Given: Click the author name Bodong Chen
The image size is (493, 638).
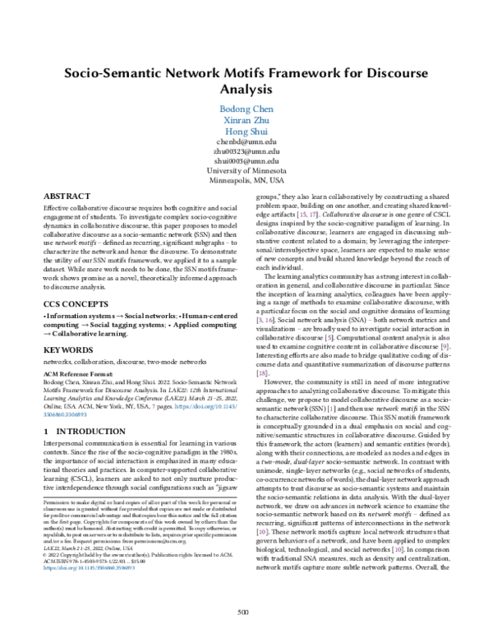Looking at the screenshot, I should (x=246, y=109).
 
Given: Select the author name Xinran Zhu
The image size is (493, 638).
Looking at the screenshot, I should (x=246, y=121).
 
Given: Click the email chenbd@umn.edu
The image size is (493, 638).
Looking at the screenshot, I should (x=246, y=143).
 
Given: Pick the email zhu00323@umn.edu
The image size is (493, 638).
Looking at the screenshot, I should (x=246, y=152).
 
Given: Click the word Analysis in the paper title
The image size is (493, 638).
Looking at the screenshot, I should (x=246, y=89).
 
